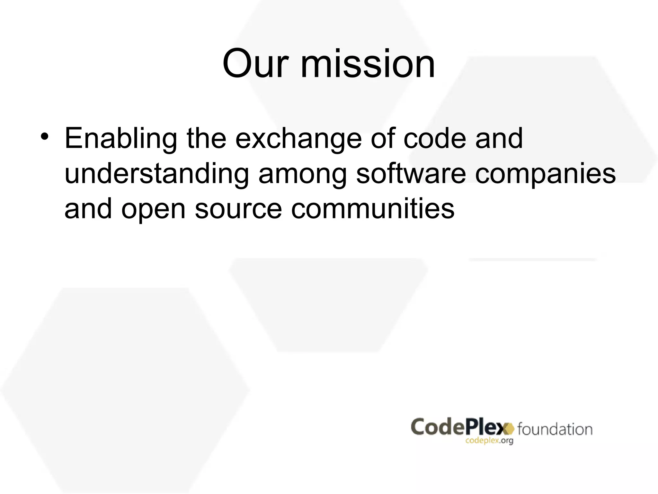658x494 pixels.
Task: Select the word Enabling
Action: (x=121, y=139)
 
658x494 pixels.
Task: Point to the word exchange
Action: (x=298, y=139)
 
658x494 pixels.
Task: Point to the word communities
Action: (x=373, y=209)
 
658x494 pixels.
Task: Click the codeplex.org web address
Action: (x=489, y=441)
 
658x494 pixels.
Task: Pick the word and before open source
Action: (x=88, y=209)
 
